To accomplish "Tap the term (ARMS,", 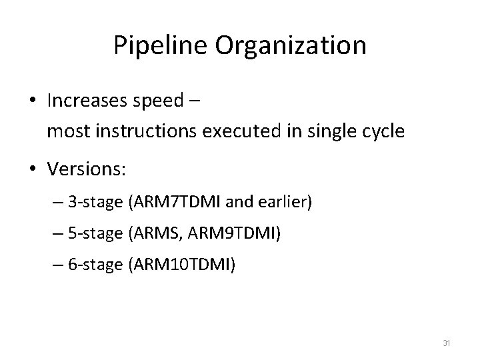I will pos(150,234).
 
